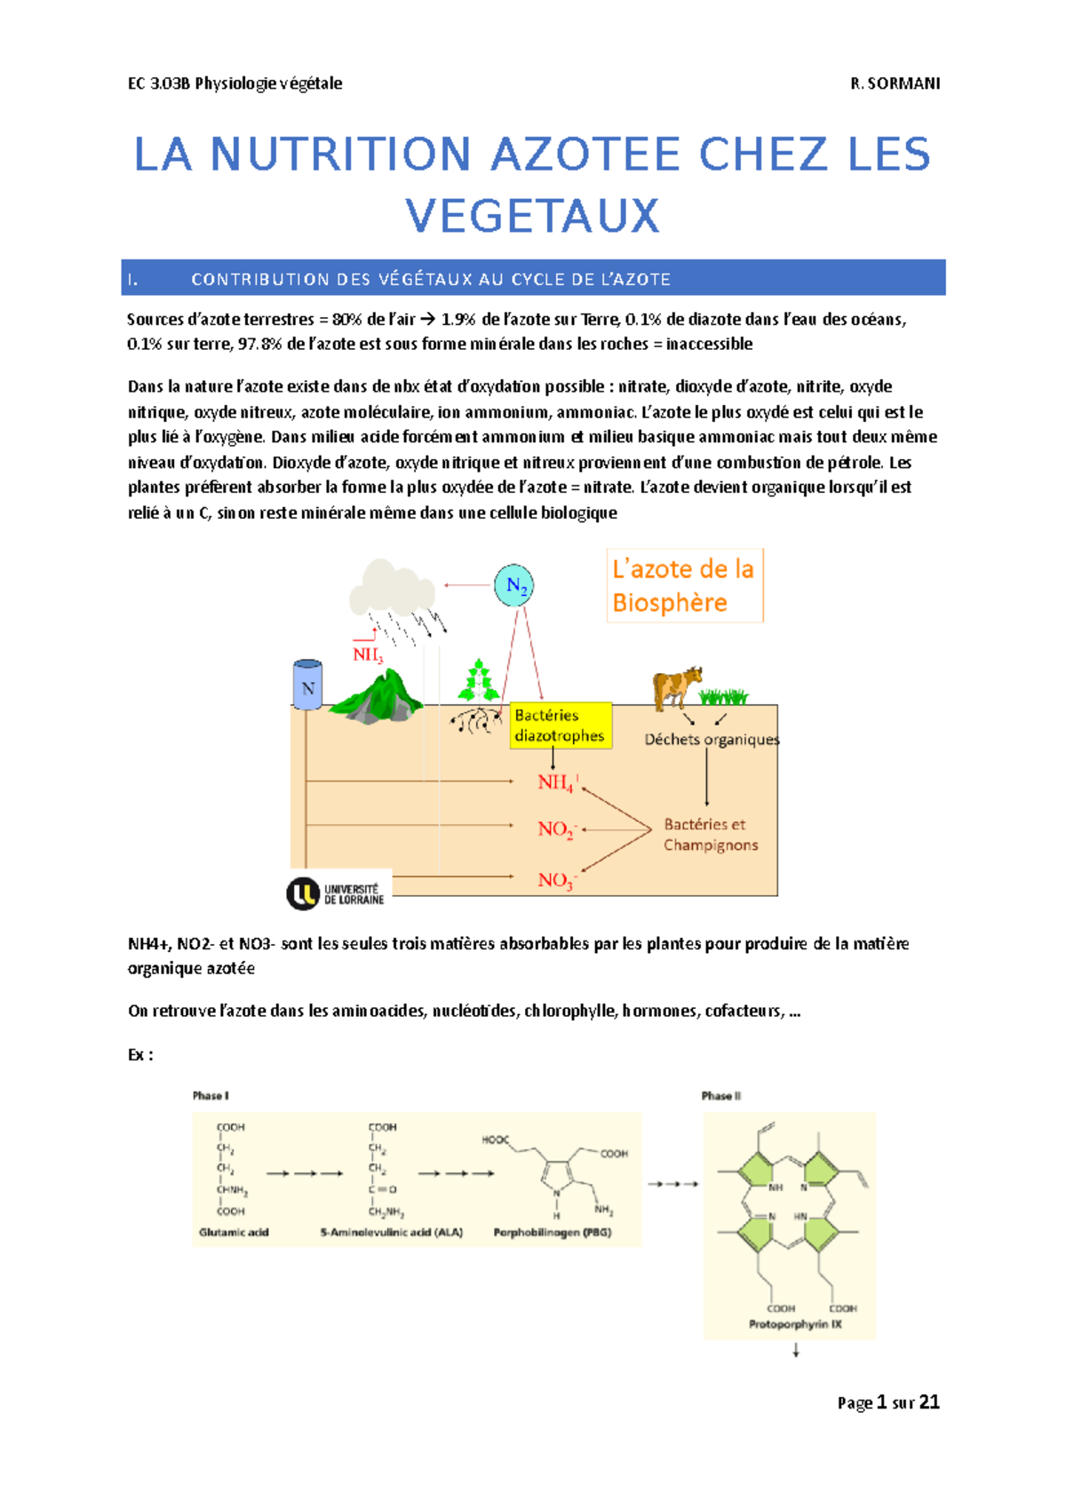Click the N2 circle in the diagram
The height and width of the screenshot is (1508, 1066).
point(513,585)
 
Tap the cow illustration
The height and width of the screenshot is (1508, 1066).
point(677,687)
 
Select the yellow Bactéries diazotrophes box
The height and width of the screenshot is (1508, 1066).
point(561,726)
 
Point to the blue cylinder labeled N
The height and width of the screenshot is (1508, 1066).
point(307,685)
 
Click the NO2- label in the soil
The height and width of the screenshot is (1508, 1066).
point(557,829)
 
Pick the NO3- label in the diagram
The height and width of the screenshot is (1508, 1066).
point(557,880)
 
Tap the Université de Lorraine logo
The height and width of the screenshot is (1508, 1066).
point(336,893)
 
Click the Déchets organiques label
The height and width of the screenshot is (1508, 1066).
point(712,739)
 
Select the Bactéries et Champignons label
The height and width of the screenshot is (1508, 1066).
point(711,835)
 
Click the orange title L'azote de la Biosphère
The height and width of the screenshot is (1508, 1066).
point(683,586)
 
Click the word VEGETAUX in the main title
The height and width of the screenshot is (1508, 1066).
point(532,216)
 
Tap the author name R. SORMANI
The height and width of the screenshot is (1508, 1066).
point(895,83)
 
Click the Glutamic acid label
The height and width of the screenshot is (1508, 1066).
point(234,1232)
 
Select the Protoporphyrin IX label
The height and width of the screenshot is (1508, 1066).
point(795,1324)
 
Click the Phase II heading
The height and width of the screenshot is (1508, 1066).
point(720,1096)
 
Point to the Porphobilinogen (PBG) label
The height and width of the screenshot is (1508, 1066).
point(552,1232)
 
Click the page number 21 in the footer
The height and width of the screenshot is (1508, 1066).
point(929,1402)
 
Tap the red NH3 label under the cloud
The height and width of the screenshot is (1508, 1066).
point(368,655)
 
